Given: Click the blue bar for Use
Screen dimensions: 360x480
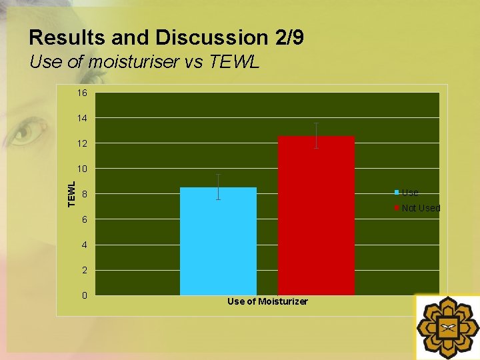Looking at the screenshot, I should [x=218, y=241].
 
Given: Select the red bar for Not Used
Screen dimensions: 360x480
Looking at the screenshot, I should [x=316, y=215].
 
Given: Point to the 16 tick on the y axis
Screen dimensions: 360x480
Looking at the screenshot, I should [x=82, y=93].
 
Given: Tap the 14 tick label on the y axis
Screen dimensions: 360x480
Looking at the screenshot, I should [x=82, y=118].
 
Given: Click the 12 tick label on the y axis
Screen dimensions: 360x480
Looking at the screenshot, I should [x=82, y=143].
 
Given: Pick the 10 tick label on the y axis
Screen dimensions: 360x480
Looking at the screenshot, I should [x=82, y=169].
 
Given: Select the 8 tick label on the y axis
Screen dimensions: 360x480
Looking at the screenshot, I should [x=84, y=194].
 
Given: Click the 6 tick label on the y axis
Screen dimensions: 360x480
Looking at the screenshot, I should [x=84, y=219].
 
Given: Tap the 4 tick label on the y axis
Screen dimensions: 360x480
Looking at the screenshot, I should [x=84, y=245].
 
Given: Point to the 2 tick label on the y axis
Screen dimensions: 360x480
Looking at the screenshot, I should [x=84, y=270].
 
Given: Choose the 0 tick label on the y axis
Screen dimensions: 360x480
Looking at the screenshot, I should [x=84, y=295].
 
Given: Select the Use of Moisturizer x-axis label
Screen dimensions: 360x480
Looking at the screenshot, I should [x=267, y=301].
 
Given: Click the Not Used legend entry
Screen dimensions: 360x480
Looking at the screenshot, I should [x=420, y=208].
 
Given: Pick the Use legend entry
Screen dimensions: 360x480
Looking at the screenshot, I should [x=409, y=193].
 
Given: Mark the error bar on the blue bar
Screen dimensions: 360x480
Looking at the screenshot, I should [x=218, y=187].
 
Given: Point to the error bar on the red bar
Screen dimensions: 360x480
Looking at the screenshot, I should [x=316, y=135].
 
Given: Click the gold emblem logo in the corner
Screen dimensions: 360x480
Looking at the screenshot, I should [x=447, y=327].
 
